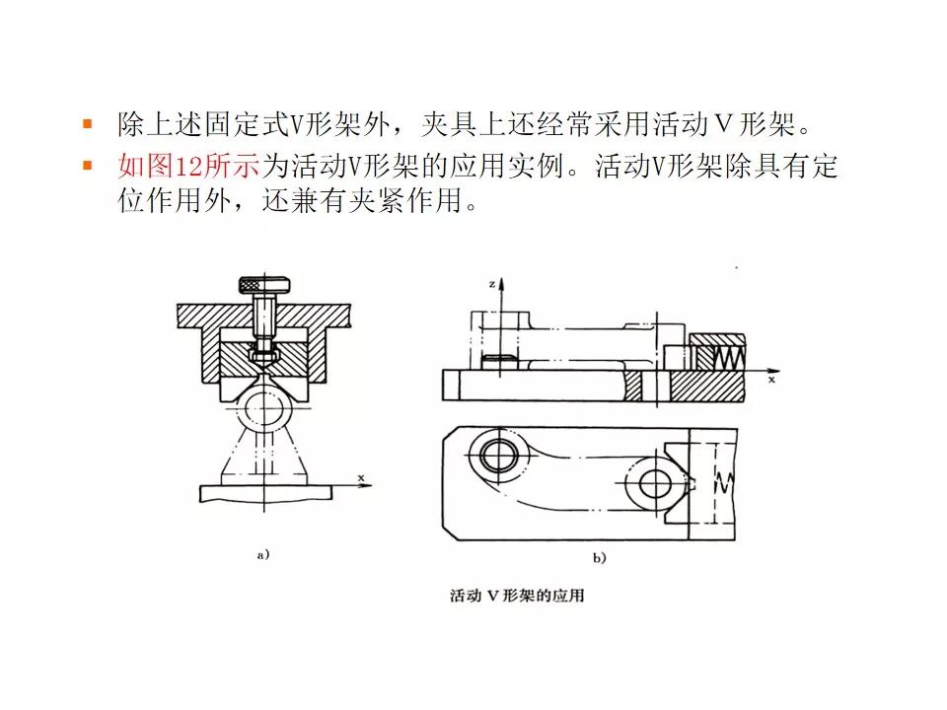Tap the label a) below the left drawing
tap(262, 555)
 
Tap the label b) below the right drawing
tap(598, 558)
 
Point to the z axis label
tap(490, 283)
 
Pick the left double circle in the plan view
tap(494, 457)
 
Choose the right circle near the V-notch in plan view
tap(655, 484)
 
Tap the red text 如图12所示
tap(187, 167)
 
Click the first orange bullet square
tap(87, 124)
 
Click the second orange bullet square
tap(87, 166)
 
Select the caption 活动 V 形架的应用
tap(516, 596)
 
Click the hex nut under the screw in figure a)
tap(262, 348)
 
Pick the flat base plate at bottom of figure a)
tap(264, 491)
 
